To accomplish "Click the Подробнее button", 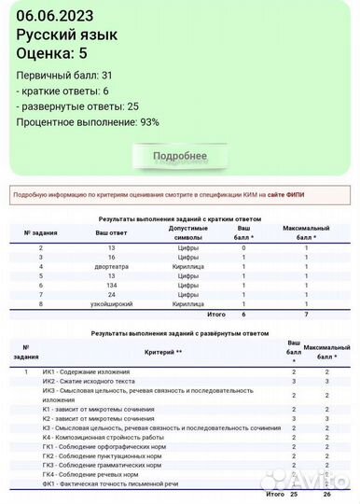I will pyautogui.click(x=180, y=155).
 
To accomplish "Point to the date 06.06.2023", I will pyautogui.click(x=54, y=14).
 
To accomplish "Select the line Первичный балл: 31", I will pyautogui.click(x=64, y=75).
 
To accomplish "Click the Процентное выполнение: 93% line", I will pyautogui.click(x=88, y=121).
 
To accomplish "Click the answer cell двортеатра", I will pyautogui.click(x=111, y=266).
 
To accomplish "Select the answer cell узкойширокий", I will pyautogui.click(x=111, y=304).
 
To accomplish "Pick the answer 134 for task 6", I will pyautogui.click(x=111, y=285).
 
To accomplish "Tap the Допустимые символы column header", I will pyautogui.click(x=187, y=232).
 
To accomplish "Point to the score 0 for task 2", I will pyautogui.click(x=243, y=247).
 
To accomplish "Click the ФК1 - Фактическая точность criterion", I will pyautogui.click(x=110, y=483).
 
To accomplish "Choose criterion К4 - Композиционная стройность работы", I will pyautogui.click(x=103, y=437).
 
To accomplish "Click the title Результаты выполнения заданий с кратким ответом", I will pyautogui.click(x=180, y=218).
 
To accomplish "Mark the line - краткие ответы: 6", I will pyautogui.click(x=62, y=91).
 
